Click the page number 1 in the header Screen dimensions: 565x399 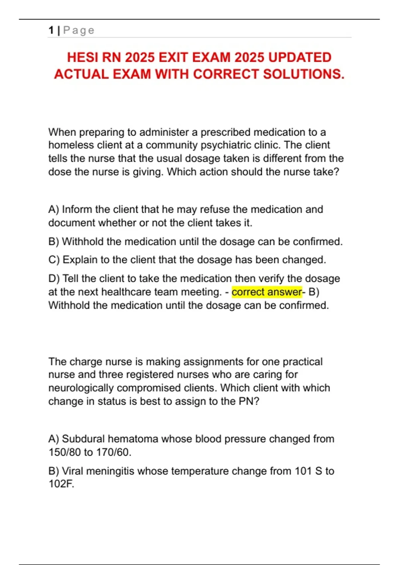(x=51, y=30)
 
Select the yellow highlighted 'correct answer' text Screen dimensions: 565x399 (x=267, y=292)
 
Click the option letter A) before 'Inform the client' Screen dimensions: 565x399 (x=54, y=209)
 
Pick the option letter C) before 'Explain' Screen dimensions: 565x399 (x=54, y=260)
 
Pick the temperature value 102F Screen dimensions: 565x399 (x=61, y=484)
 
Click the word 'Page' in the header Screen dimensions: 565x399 (x=79, y=30)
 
